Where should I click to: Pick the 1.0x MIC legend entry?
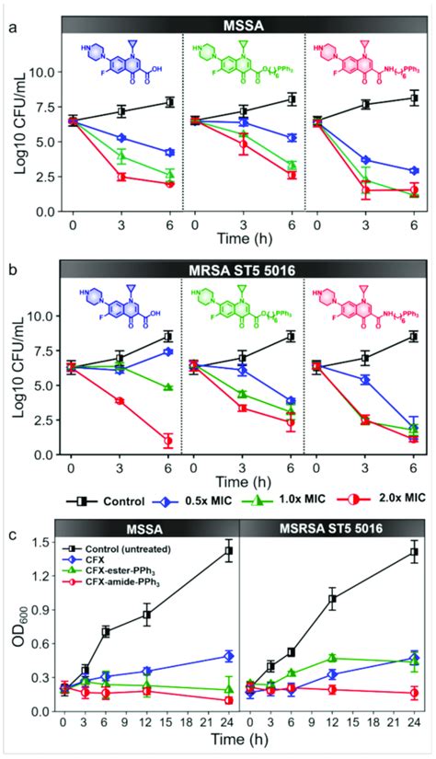294,500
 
